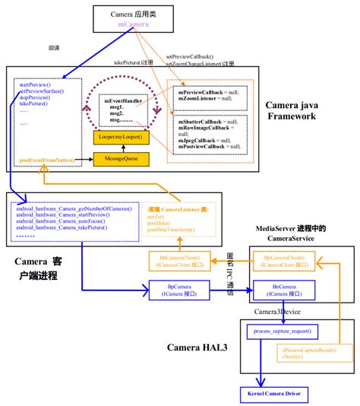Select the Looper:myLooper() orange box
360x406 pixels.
(x=120, y=137)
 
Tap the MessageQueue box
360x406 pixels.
(x=120, y=159)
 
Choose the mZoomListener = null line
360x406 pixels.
(x=204, y=98)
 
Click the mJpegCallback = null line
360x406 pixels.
(x=204, y=141)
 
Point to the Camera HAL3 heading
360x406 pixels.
(x=199, y=347)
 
